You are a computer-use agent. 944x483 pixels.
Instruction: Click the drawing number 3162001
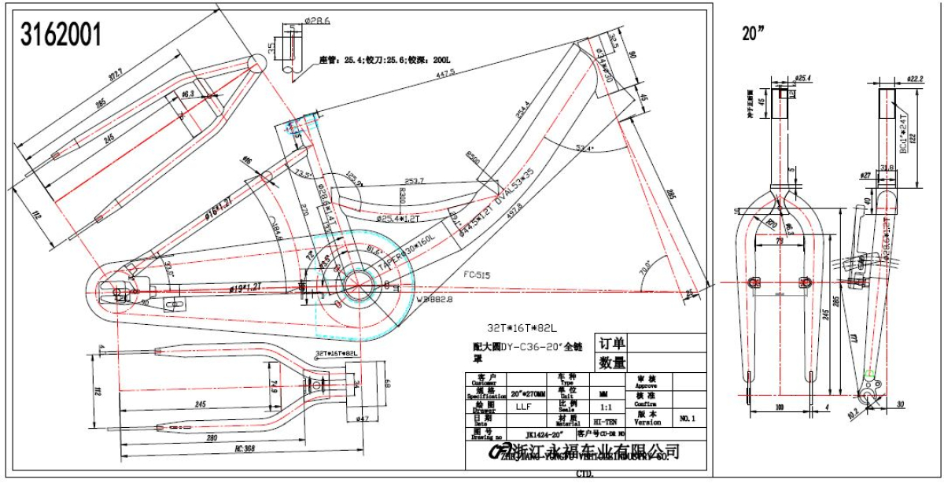[61, 35]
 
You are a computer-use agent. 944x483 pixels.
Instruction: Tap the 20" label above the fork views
[754, 34]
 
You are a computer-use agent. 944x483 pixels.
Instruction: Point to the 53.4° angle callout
[584, 147]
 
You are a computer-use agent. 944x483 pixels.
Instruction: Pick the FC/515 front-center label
[478, 275]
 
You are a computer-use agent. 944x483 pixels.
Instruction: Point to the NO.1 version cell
[687, 418]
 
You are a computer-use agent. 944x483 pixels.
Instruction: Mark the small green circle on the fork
[868, 374]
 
